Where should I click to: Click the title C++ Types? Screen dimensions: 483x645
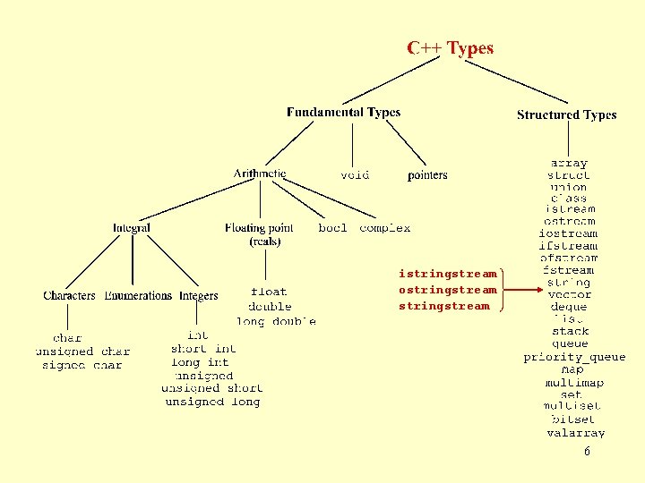click(450, 48)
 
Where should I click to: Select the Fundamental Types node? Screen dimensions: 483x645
click(343, 113)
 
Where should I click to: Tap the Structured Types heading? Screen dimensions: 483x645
click(566, 114)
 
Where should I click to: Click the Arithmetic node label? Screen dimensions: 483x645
click(260, 174)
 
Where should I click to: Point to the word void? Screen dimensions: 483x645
click(355, 175)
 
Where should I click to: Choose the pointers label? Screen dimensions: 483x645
click(427, 175)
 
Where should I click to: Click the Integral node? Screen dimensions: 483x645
click(132, 228)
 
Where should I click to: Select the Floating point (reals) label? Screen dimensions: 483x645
click(259, 234)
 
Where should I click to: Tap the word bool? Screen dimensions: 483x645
click(332, 228)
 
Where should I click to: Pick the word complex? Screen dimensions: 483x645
click(385, 228)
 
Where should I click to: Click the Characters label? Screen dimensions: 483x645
click(69, 295)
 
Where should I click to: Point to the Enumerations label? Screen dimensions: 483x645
click(138, 295)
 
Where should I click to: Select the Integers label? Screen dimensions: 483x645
click(199, 295)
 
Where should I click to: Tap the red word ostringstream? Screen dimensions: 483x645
click(447, 290)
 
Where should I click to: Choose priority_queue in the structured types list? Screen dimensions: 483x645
click(574, 357)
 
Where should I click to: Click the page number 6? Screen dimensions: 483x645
click(587, 452)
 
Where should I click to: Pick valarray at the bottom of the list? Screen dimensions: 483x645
click(575, 433)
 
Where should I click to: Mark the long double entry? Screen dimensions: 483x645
click(276, 321)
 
